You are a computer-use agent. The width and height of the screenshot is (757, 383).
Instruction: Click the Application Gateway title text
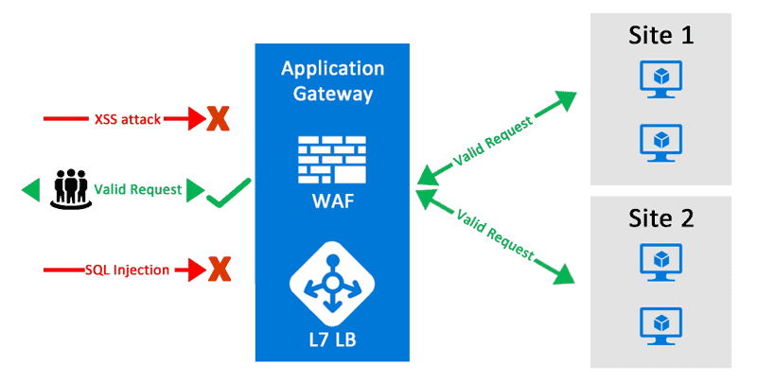332,81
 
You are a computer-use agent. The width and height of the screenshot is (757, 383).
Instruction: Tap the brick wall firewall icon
332,160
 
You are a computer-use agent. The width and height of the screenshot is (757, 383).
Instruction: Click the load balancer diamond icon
332,281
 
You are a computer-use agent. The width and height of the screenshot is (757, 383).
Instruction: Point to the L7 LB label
332,339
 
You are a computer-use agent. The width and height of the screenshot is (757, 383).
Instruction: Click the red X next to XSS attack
219,119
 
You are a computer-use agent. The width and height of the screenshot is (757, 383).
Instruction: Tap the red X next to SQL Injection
219,270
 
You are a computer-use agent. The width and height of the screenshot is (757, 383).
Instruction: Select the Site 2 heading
661,218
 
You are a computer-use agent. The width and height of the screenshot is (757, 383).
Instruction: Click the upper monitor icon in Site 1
661,79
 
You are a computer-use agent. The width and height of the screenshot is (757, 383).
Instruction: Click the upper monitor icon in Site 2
661,260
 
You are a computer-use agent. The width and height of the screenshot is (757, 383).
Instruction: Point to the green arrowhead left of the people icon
30,190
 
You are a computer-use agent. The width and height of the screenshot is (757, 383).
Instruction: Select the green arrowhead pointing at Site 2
566,275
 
